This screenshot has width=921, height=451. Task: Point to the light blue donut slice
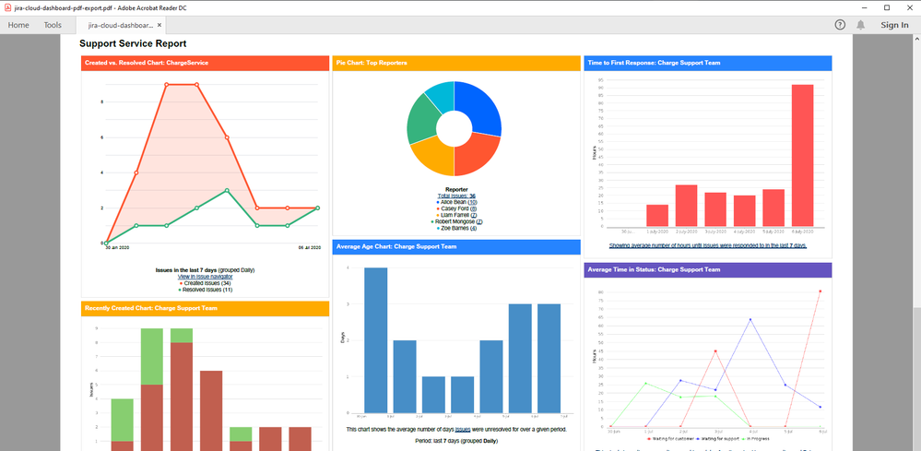(x=442, y=95)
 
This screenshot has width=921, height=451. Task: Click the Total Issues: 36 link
(x=456, y=195)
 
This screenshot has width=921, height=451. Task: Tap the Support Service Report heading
(x=133, y=43)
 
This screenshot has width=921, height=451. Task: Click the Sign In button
(x=894, y=25)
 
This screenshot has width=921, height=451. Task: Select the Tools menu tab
(x=53, y=25)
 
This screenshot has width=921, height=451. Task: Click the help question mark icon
(x=840, y=25)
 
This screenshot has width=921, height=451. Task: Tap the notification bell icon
(x=860, y=25)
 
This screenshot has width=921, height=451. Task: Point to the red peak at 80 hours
(x=820, y=291)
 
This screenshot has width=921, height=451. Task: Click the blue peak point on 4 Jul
(x=750, y=319)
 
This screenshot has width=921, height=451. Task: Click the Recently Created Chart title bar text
(x=150, y=308)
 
